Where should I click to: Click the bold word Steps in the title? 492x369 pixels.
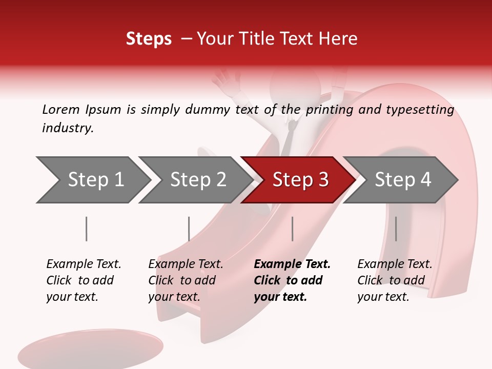point(149,39)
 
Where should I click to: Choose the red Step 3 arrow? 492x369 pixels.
point(300,180)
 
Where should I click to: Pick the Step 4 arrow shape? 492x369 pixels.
point(402,180)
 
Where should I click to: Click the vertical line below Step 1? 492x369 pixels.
point(86,229)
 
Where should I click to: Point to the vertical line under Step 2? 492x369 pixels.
point(189,229)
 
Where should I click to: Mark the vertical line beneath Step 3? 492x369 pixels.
point(292,229)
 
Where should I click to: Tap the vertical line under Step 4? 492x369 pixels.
point(396,229)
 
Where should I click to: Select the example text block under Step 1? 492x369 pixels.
point(84,280)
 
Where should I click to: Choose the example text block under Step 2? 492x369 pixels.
point(186,280)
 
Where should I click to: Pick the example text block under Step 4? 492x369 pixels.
point(395,280)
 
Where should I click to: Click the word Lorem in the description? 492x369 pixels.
point(60,110)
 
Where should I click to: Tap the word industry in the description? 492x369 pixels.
point(67,128)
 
